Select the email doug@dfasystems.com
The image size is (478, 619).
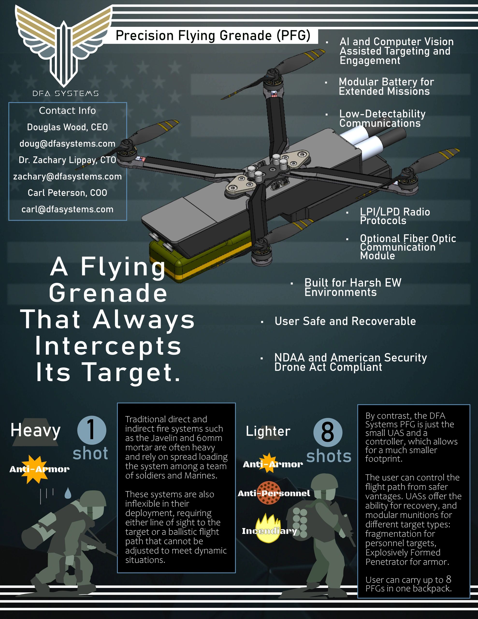tap(67, 144)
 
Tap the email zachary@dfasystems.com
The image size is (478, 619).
tap(67, 177)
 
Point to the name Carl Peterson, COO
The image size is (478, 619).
tap(67, 193)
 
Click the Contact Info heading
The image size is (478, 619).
tap(67, 111)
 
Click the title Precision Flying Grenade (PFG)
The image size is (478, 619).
tap(213, 36)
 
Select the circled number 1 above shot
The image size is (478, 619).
tap(92, 430)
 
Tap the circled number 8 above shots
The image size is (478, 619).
tap(328, 433)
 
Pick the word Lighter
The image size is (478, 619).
tap(268, 431)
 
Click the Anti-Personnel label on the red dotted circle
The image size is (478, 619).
tap(274, 494)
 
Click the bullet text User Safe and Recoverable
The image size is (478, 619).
tap(345, 321)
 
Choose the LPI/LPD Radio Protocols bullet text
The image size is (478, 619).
tap(395, 216)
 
